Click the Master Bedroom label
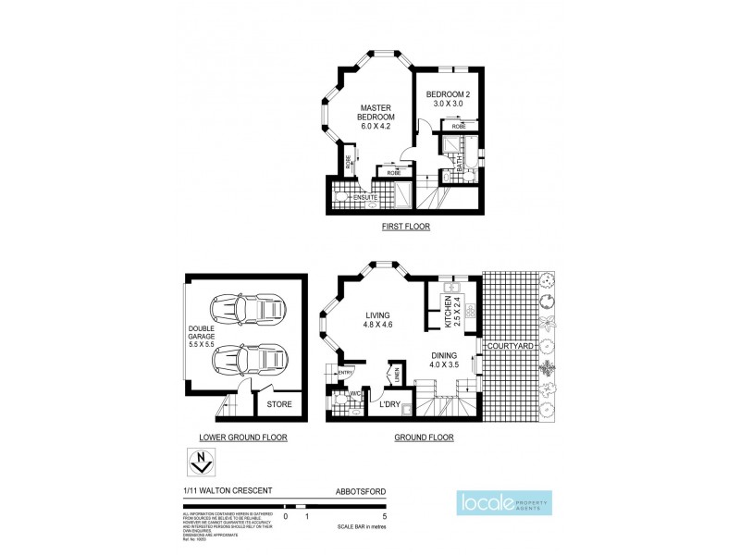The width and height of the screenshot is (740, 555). coord(376,118)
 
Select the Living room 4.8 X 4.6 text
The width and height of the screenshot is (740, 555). coord(376,319)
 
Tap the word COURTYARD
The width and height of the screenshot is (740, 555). coord(512,348)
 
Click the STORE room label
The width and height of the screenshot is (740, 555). coord(278,404)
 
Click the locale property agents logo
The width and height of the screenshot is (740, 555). coord(504,505)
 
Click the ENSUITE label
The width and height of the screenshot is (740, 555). coord(364,198)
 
